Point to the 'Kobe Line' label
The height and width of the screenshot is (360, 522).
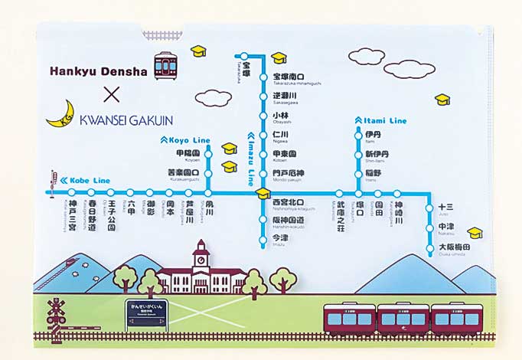pos(83,180)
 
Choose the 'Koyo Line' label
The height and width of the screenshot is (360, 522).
pos(184,140)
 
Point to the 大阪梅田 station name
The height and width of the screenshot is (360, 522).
pos(454,248)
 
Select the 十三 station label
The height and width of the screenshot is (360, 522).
pos(445,207)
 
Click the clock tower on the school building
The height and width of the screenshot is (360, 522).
pos(201,257)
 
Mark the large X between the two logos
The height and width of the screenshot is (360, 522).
pos(112,95)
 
